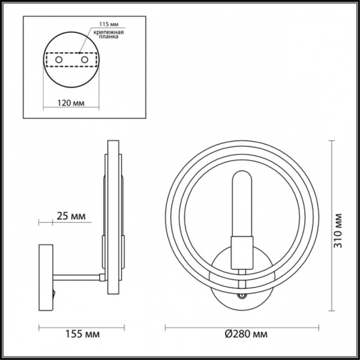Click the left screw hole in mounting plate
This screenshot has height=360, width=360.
coord(58,61)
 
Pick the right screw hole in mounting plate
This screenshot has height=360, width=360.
coord(85,61)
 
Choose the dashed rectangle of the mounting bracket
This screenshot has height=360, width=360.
coord(71,61)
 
